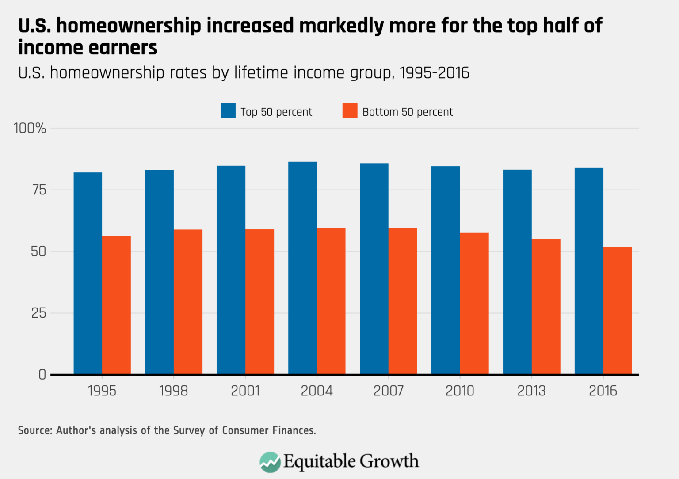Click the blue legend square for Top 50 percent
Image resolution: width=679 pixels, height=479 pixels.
coord(228,110)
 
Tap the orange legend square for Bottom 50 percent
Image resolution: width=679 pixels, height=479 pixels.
coord(350,110)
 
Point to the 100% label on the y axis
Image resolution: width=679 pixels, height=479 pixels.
coord(30,128)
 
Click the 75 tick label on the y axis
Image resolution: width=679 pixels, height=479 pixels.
coord(38,190)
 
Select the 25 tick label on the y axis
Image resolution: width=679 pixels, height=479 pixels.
coord(38,313)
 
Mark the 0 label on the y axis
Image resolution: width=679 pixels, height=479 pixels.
coord(42,375)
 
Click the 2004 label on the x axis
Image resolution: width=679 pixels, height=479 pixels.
coord(317,391)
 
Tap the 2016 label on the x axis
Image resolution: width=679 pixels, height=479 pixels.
coord(603,391)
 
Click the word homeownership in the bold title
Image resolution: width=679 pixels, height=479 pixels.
coord(129,26)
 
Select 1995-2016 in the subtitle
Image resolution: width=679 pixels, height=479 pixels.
coord(434,72)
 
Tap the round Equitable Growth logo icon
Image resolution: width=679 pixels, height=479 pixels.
coord(270,462)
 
